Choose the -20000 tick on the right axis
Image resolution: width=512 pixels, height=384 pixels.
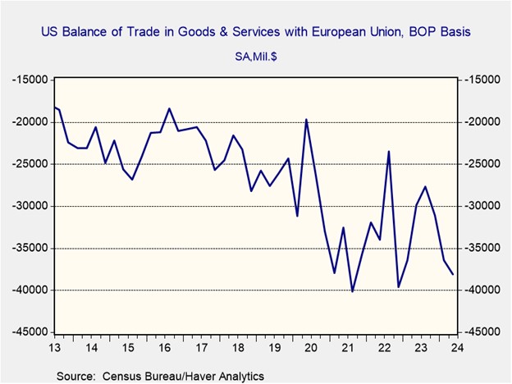479,122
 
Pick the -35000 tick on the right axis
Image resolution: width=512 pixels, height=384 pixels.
479,248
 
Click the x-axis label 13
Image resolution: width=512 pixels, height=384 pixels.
55,348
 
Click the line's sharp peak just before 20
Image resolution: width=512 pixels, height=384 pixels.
306,119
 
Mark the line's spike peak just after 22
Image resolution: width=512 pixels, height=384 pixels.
389,151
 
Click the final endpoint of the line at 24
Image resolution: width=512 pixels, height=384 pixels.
453,275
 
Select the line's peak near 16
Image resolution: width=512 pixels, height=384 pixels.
169,108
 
